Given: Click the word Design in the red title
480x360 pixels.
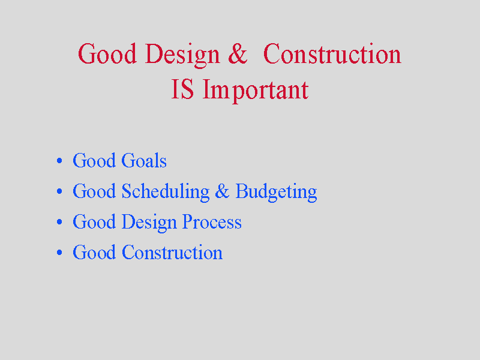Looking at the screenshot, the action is [182, 55].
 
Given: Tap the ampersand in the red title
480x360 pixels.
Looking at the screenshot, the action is [238, 53].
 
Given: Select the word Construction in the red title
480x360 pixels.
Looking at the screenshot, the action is [332, 53].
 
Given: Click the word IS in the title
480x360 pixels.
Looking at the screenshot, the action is [182, 89].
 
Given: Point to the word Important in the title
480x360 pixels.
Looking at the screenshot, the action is [256, 91].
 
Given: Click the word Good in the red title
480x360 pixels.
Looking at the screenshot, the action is [107, 53].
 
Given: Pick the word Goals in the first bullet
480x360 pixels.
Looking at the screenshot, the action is [144, 160].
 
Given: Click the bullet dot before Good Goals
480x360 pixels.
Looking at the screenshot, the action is [59, 161].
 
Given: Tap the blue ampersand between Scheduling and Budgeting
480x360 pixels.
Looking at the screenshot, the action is [222, 191].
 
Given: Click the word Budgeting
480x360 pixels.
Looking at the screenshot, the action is [276, 193].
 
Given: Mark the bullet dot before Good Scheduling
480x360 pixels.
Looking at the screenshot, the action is [59, 191].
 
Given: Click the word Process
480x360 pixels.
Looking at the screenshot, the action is [212, 221].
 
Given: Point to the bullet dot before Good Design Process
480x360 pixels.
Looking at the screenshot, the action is [59, 222].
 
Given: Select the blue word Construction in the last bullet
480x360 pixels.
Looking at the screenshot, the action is [172, 252].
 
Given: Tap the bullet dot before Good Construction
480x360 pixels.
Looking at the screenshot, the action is [59, 253].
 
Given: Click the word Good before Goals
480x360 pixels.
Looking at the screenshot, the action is [94, 160].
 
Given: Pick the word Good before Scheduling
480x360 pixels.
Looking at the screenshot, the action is [94, 191].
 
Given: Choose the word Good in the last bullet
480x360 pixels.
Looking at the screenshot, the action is [94, 252].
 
